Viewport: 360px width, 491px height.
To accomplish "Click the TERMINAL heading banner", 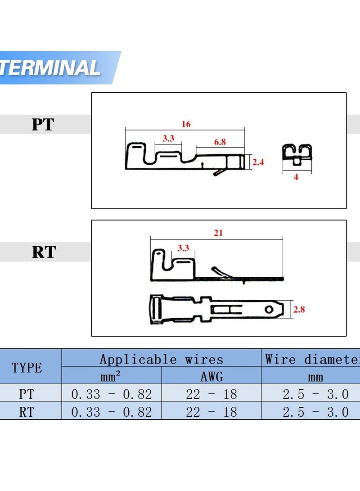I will coord(52,68).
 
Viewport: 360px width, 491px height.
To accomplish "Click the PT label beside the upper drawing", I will coord(43,125).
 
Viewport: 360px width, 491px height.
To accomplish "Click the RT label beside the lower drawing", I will coord(44,252).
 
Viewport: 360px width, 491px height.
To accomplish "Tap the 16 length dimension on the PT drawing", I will coord(186,124).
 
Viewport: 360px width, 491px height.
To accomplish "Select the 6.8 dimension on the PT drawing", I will coord(220,142).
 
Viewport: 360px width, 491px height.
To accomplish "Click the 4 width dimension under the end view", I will coord(296,177).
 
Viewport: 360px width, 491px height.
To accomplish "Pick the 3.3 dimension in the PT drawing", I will coord(168,139).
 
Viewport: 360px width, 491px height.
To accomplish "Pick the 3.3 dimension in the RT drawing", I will coord(183,248).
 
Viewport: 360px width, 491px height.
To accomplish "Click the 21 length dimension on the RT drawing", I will coord(218,233).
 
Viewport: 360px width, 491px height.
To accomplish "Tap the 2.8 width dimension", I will coord(299,310).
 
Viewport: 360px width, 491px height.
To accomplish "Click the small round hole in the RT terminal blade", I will coord(269,310).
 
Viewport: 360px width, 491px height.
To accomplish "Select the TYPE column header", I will coord(27,368).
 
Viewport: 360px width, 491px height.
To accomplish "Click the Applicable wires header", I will coord(161,359).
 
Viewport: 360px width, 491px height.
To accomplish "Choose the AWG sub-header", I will coord(211,376).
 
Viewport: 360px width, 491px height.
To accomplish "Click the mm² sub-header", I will coord(111,376).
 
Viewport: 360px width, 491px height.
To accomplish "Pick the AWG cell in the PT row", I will coord(211,394).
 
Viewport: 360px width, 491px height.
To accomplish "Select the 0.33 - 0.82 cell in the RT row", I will coord(111,411).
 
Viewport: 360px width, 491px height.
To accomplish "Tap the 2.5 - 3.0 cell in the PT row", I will coord(315,394).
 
